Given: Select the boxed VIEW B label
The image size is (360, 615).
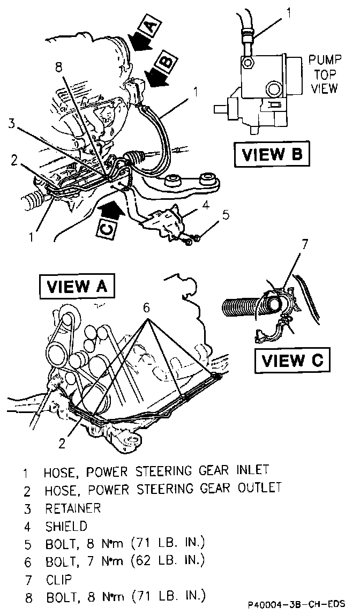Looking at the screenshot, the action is pyautogui.click(x=272, y=155).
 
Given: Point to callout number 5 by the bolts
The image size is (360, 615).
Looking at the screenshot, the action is pyautogui.click(x=226, y=215).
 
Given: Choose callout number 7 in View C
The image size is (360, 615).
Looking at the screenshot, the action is pyautogui.click(x=305, y=245).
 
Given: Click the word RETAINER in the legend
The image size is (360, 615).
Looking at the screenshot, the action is pyautogui.click(x=73, y=507).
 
